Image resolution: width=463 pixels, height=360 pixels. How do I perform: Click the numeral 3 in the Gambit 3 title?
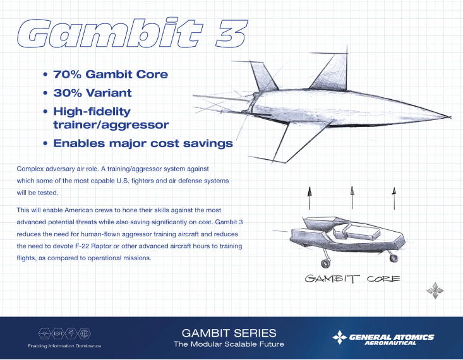pos(232,33)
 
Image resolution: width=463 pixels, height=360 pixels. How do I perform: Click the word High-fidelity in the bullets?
pos(92,112)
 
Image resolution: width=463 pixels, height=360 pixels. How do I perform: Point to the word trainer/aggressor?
pos(111,125)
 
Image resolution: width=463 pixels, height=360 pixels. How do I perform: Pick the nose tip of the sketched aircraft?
pos(450,117)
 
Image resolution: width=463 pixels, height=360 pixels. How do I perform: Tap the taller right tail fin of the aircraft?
pos(333,73)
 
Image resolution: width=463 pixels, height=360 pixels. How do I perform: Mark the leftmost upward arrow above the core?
pos(310,198)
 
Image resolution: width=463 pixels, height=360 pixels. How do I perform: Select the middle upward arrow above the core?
pos(352,198)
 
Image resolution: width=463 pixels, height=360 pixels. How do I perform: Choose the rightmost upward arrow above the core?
pos(394,198)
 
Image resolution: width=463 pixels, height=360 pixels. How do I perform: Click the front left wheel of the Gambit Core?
pos(325,263)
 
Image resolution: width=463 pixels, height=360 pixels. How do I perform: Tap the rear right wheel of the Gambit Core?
pos(394,258)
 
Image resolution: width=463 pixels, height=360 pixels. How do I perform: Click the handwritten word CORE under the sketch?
pos(383,279)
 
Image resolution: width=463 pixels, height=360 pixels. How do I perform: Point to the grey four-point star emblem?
pos(435,291)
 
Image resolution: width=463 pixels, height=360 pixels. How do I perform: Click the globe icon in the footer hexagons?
pos(84,333)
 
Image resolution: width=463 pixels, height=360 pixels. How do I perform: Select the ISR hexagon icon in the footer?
pos(58,333)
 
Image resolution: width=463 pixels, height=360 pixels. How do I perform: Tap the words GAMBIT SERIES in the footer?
pos(229,333)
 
